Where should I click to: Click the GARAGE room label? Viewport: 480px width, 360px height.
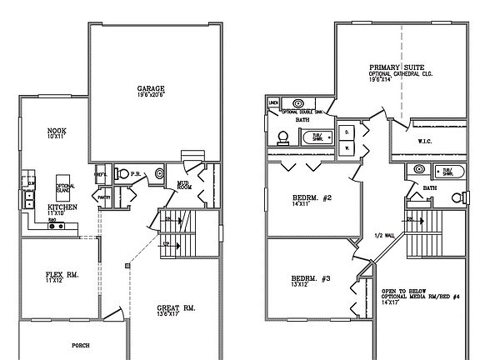pos(151,88)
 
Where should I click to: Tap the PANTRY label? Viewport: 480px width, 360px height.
pos(104,198)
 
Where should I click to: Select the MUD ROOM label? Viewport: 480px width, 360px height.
pos(185,186)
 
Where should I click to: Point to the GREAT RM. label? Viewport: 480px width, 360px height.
pos(176,307)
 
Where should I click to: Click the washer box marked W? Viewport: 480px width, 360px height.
pos(346,147)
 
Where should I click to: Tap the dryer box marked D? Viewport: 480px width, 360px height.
pos(346,132)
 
